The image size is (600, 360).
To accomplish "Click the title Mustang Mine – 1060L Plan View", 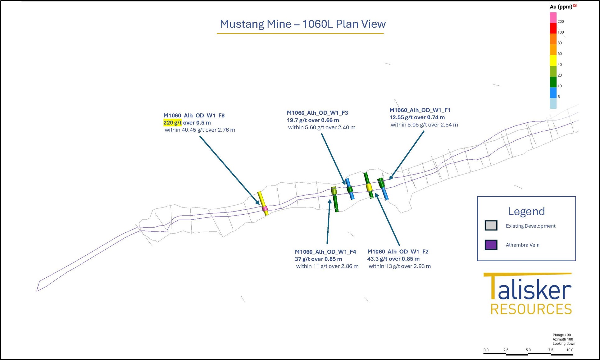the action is [303, 24].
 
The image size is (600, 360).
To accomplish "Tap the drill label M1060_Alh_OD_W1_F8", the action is [194, 116].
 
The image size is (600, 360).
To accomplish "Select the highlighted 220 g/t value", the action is [172, 123].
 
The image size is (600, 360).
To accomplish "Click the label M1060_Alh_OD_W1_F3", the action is [317, 113].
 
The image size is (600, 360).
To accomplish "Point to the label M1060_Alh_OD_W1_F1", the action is [420, 110].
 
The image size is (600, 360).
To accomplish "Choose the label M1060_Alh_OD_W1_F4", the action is [325, 252].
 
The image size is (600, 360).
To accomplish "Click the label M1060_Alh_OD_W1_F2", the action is [398, 252].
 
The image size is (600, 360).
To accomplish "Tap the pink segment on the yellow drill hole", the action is [265, 208].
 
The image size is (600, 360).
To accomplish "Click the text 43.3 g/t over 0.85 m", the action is [393, 259].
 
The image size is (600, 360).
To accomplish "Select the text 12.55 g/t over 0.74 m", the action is [417, 117].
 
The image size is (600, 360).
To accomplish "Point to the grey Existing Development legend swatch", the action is [491, 226].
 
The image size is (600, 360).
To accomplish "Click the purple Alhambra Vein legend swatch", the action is [491, 245].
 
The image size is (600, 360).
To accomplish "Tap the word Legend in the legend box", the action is [526, 211].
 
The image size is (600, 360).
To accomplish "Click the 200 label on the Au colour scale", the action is [561, 21].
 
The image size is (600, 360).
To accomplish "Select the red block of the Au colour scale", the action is [553, 28].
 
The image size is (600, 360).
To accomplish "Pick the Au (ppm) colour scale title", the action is [561, 7].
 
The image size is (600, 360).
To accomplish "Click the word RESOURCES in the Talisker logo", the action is [531, 309].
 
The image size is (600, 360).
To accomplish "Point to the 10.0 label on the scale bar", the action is [570, 350].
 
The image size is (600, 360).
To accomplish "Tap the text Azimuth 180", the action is [563, 339].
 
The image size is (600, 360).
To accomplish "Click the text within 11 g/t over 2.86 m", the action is [327, 266].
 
